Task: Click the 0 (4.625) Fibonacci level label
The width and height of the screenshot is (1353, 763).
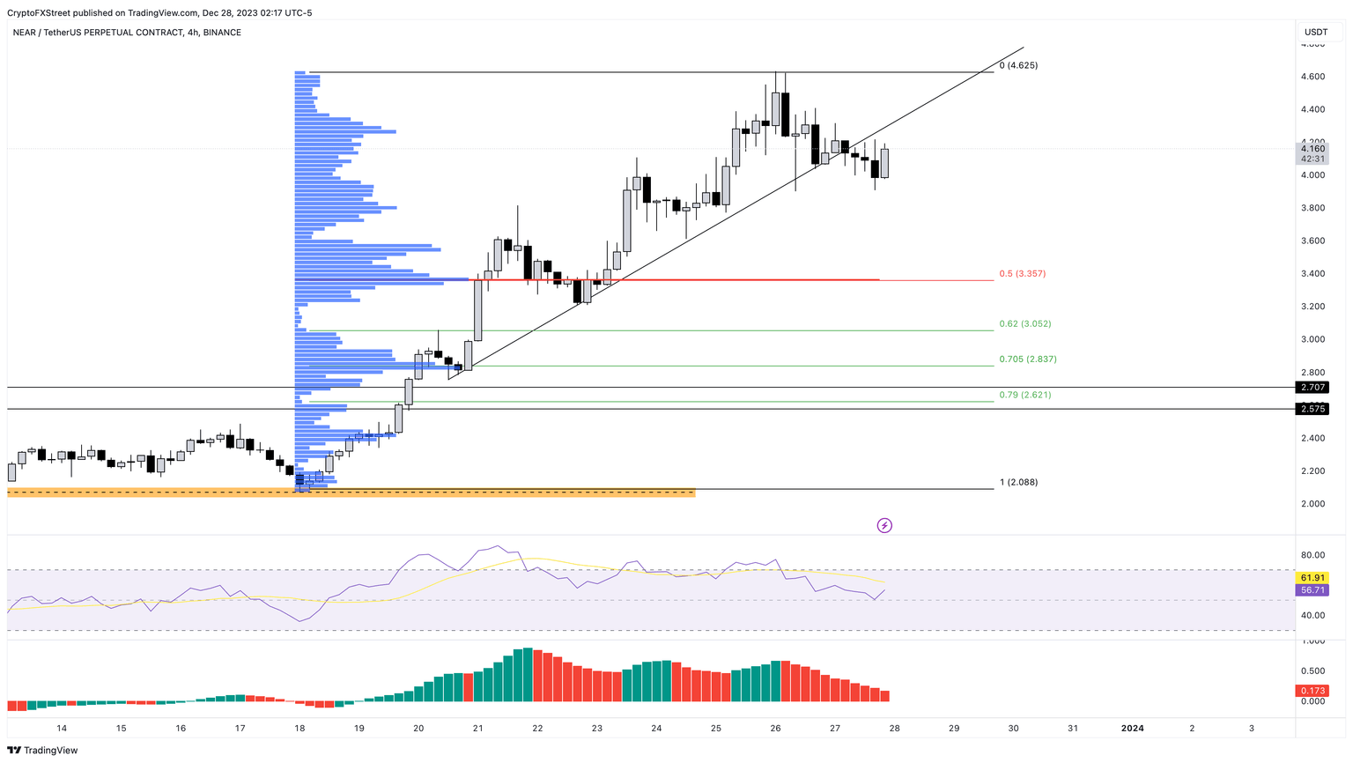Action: click(1018, 65)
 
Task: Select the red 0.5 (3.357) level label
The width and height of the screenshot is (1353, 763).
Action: click(1022, 274)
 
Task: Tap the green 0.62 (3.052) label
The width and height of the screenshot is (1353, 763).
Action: click(1024, 324)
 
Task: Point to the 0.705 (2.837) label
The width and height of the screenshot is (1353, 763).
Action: click(1027, 359)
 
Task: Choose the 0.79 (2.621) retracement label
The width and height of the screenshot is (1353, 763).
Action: click(1024, 395)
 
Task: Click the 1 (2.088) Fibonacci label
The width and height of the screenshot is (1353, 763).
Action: click(1018, 483)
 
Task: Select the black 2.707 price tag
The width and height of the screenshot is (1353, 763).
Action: click(1312, 388)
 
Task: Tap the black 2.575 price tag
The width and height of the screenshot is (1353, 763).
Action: click(1312, 409)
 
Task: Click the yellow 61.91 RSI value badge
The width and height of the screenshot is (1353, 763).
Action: click(1312, 577)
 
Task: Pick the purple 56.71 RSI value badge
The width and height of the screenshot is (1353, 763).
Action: click(1312, 590)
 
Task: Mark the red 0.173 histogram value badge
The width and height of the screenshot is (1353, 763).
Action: click(1312, 690)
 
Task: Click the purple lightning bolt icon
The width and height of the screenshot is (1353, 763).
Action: click(884, 526)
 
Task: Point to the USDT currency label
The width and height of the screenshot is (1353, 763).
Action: click(1315, 33)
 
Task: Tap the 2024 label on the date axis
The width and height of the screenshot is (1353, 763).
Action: click(1132, 729)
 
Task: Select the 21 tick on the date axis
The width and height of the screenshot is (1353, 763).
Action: click(477, 729)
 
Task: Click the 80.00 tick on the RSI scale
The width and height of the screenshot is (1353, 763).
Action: click(1313, 555)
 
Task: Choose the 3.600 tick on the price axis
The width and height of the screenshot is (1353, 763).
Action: click(1312, 241)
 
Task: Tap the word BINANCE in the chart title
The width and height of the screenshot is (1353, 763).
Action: click(221, 33)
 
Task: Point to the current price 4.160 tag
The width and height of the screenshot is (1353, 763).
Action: click(1312, 149)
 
